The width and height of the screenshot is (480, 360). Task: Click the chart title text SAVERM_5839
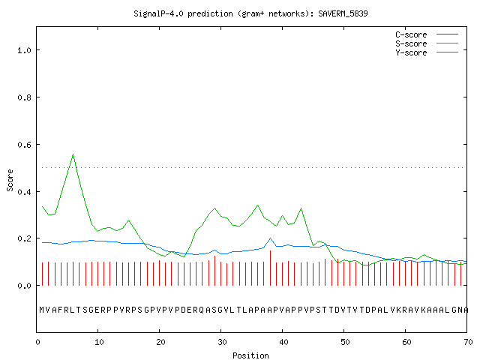tap(343, 13)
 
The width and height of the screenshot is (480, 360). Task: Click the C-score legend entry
tap(427, 34)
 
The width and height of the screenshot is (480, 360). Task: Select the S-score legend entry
tap(427, 43)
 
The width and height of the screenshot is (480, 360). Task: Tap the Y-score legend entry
tap(427, 52)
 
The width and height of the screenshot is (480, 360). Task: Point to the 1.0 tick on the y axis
tap(24, 50)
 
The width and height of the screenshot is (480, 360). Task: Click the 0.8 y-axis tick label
tap(24, 97)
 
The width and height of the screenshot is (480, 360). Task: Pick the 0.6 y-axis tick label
tap(24, 145)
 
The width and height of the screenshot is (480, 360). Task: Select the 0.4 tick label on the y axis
tap(24, 192)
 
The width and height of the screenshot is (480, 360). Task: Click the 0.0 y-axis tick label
tap(24, 286)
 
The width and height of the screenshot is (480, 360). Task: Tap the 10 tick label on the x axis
tap(99, 342)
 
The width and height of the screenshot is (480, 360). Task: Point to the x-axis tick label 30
tap(222, 342)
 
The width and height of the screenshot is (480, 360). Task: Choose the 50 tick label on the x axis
tap(345, 342)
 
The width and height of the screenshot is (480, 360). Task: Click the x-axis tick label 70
tap(468, 342)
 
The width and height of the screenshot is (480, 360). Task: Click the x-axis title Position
tap(250, 355)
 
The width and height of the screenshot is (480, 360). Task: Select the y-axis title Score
tap(10, 180)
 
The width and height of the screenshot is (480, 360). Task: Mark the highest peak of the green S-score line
tap(73, 154)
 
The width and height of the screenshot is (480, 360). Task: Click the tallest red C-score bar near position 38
tap(270, 268)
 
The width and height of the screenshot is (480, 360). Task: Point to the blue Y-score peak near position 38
tap(270, 238)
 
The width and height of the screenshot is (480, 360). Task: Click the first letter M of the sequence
tap(42, 310)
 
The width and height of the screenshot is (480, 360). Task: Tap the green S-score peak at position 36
tap(258, 205)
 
